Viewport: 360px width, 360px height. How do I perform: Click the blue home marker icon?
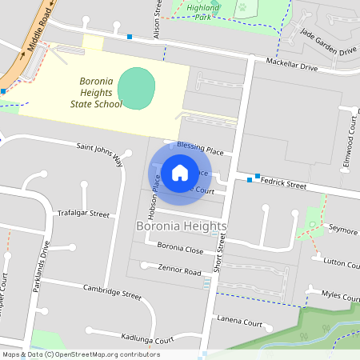click(180, 172)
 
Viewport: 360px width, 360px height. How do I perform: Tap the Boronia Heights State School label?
click(101, 92)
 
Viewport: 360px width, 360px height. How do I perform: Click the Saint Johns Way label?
click(100, 151)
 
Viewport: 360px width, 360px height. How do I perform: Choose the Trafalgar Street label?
click(83, 214)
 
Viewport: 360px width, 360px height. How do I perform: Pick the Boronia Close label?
click(180, 248)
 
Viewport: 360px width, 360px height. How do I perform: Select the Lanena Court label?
click(239, 323)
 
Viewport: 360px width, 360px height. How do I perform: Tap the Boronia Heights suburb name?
click(180, 227)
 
